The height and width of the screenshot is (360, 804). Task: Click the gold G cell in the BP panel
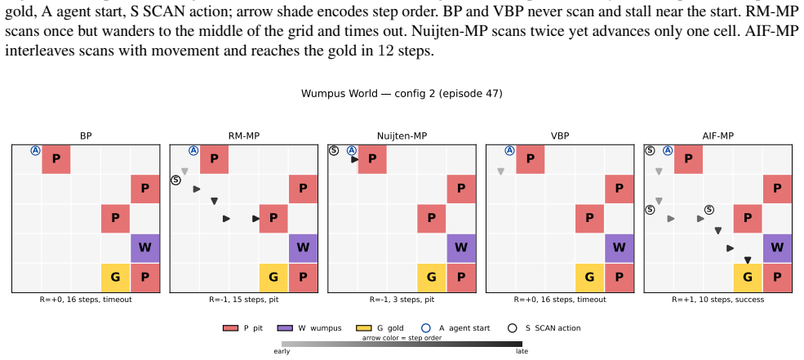click(x=115, y=278)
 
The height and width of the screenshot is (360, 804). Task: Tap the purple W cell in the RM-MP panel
click(x=303, y=247)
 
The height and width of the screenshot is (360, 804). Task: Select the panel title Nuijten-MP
click(x=402, y=136)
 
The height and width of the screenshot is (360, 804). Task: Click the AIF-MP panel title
click(x=717, y=136)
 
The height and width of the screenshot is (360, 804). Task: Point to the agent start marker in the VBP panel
click(x=509, y=151)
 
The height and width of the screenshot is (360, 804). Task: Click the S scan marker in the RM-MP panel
click(x=175, y=180)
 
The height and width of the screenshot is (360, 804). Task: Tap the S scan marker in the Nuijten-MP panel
click(x=334, y=151)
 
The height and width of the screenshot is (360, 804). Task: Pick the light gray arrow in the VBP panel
click(x=500, y=171)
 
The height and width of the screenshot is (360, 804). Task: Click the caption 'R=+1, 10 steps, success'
click(x=717, y=300)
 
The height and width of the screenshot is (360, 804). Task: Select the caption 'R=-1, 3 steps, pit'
click(x=402, y=300)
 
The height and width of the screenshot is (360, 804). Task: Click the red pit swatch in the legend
click(x=230, y=328)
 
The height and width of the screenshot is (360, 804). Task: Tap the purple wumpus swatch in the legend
click(x=285, y=328)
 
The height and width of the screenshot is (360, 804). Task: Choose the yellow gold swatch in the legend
click(x=363, y=328)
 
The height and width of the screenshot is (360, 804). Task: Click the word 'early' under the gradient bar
click(x=282, y=351)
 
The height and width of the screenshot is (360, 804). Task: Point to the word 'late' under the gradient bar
click(x=522, y=351)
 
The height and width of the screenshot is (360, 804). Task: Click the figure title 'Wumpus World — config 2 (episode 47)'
click(x=402, y=93)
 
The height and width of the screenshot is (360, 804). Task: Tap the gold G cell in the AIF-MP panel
click(x=748, y=278)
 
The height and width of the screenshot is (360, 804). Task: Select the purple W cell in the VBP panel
click(x=619, y=247)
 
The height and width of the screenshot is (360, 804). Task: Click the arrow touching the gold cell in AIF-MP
click(x=748, y=260)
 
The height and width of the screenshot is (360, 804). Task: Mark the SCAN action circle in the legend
click(x=512, y=328)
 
